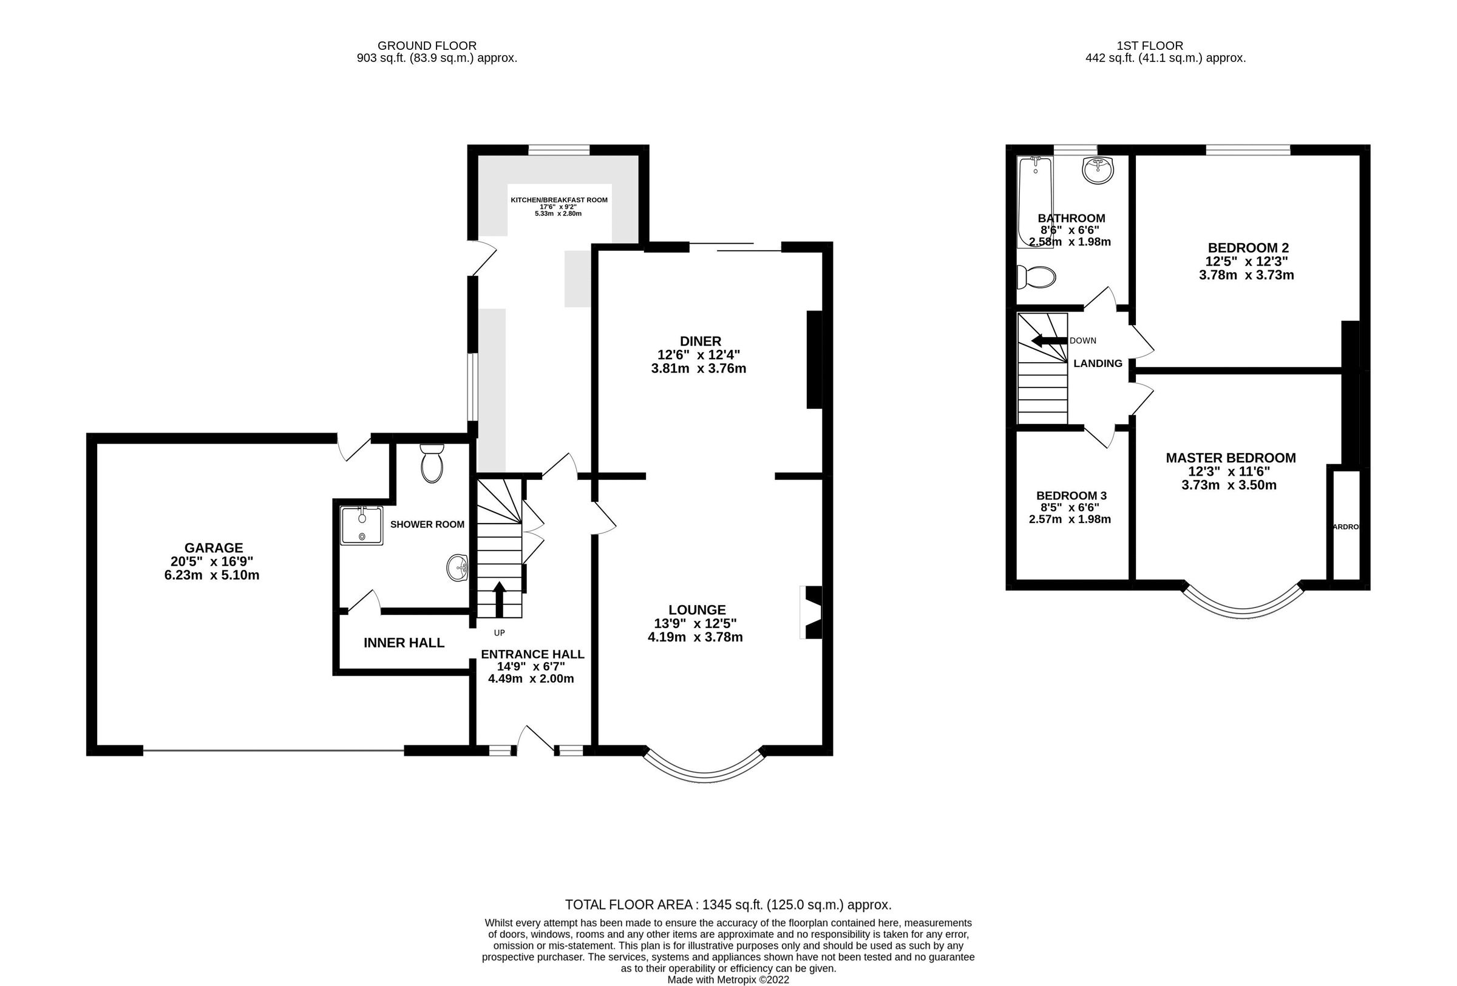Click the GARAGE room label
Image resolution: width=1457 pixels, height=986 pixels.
pyautogui.click(x=213, y=547)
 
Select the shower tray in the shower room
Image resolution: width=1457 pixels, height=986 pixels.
pyautogui.click(x=361, y=526)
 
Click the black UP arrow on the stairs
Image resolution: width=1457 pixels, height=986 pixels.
pyautogui.click(x=500, y=599)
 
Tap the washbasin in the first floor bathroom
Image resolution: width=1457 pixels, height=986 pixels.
pyautogui.click(x=1098, y=170)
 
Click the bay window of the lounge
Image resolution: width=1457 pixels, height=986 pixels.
pyautogui.click(x=705, y=771)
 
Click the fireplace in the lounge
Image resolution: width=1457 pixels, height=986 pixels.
pyautogui.click(x=811, y=612)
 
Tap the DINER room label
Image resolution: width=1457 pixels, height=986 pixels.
pyautogui.click(x=701, y=341)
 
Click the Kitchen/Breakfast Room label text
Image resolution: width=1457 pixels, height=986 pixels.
pyautogui.click(x=559, y=200)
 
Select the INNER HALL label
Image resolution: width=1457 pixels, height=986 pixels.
pyautogui.click(x=404, y=642)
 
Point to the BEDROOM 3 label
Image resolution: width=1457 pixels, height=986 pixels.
pyautogui.click(x=1070, y=495)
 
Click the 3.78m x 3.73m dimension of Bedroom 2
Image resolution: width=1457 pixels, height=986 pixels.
pyautogui.click(x=1246, y=275)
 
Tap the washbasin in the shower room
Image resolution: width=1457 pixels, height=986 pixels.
pyautogui.click(x=458, y=567)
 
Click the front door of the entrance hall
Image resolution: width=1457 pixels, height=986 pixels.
pyautogui.click(x=535, y=741)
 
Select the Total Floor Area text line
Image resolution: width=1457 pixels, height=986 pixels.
pyautogui.click(x=728, y=905)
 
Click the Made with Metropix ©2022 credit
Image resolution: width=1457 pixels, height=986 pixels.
pyautogui.click(x=728, y=979)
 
